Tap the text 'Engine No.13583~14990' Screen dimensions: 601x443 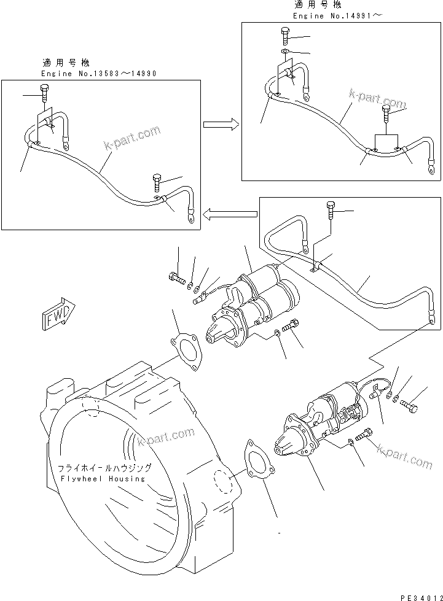click(99, 74)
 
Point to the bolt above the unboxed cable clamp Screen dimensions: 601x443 click(332, 211)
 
